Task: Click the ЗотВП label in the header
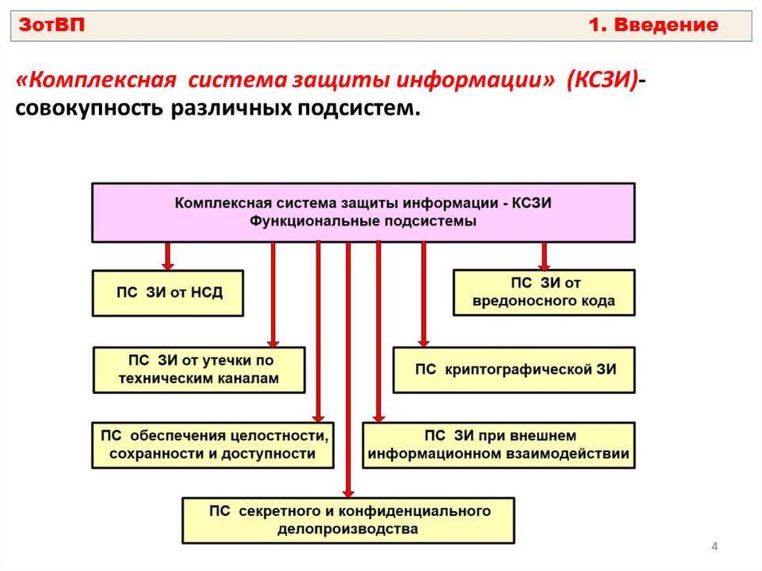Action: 51,25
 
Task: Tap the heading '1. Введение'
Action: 653,25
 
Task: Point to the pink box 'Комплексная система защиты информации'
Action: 363,213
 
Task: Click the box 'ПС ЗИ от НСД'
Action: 167,293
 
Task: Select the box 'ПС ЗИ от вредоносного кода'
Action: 544,293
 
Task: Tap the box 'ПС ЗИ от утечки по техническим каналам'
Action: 199,370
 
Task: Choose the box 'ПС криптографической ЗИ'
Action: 513,370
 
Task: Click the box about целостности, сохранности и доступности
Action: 213,445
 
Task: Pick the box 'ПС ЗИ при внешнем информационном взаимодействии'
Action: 499,445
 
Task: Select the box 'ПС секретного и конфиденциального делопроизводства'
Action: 348,520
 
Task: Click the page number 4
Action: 714,546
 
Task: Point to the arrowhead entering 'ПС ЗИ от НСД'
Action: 167,266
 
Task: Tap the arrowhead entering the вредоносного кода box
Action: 544,266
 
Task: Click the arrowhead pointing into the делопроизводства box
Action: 348,493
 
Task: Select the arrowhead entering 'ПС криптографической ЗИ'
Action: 423,342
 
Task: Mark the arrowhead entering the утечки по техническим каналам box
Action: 273,342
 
